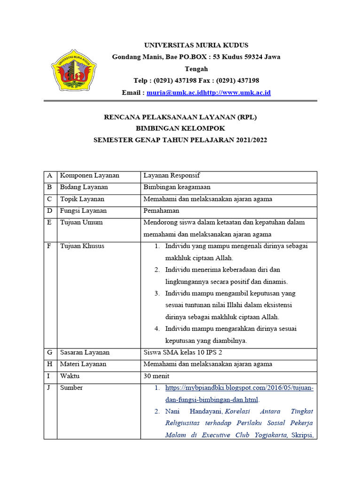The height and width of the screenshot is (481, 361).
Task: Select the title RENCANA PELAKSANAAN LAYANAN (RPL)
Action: tap(180, 117)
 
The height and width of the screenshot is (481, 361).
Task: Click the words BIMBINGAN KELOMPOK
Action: tap(180, 129)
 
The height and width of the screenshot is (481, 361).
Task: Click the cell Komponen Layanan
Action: tap(89, 176)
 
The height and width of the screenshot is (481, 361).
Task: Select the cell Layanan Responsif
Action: tap(172, 176)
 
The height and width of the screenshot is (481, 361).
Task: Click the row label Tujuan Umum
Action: tap(81, 223)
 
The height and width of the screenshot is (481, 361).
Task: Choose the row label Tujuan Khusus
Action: tap(82, 246)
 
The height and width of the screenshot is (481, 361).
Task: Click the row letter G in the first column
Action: tap(49, 352)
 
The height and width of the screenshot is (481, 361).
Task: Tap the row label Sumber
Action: tap(71, 388)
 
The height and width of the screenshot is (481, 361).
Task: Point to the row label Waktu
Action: tap(70, 376)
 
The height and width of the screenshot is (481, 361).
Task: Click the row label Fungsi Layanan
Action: tap(83, 211)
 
